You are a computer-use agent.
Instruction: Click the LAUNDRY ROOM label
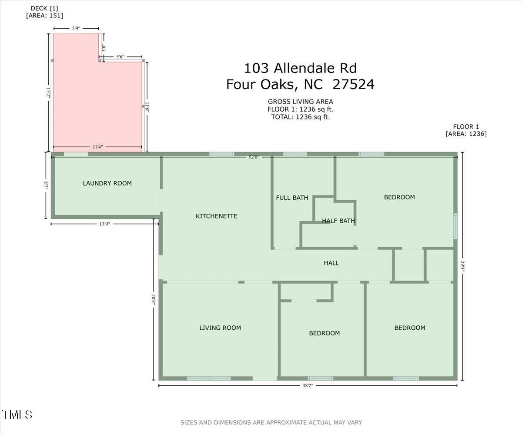click(107, 183)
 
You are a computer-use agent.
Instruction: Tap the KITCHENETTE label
click(217, 216)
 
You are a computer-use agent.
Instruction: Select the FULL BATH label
click(292, 198)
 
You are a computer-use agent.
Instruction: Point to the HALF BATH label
click(338, 221)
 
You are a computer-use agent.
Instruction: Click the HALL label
click(331, 263)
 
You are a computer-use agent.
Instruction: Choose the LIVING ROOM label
click(220, 328)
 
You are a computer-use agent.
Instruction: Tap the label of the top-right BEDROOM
click(399, 197)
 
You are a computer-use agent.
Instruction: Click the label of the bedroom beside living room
click(324, 333)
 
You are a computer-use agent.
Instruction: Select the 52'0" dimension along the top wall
click(254, 157)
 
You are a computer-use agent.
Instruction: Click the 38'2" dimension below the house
click(307, 385)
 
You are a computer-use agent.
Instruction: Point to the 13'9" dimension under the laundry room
click(104, 224)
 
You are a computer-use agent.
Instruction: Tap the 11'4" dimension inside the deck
click(97, 147)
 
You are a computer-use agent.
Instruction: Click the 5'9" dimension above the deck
click(76, 28)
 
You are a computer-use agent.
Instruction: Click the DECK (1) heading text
click(44, 8)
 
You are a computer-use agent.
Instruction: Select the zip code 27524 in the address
click(353, 84)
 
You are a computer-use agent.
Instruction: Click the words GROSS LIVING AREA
click(300, 101)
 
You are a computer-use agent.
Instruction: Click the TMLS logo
click(17, 414)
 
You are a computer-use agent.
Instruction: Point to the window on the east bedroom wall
click(455, 226)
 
